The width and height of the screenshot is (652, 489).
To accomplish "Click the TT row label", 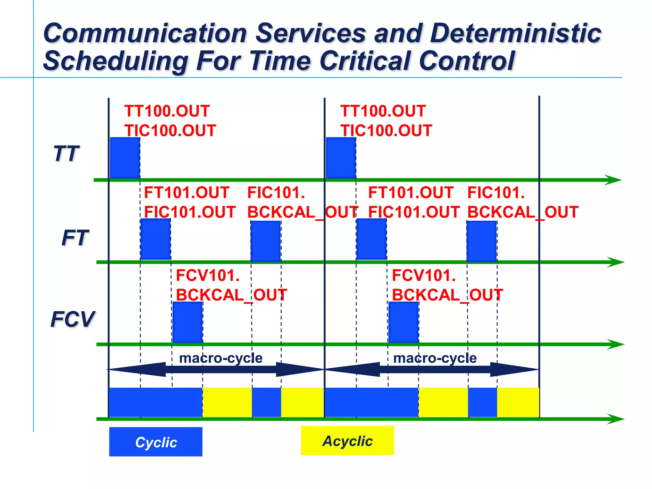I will [66, 154].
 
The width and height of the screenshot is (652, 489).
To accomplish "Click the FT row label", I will [75, 238].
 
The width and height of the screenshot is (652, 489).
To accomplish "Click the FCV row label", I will [73, 319].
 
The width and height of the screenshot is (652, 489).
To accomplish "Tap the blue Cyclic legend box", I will [156, 442].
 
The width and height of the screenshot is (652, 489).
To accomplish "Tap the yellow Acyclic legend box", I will [347, 441].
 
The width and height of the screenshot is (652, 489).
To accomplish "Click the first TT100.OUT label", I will [167, 111].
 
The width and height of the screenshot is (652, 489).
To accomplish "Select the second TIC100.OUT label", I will [386, 131].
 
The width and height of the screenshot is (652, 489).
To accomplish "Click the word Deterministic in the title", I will [515, 33].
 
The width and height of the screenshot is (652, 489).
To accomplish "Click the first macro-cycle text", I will [221, 358].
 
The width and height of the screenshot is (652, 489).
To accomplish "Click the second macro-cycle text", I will [435, 358].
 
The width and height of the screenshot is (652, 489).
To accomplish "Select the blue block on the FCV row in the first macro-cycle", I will [188, 322].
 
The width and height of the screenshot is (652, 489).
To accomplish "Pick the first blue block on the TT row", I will [125, 158].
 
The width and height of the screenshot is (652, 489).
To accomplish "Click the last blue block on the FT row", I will [482, 241].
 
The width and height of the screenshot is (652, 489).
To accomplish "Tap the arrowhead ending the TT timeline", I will [613, 180].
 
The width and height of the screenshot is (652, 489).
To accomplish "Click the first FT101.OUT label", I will [187, 193].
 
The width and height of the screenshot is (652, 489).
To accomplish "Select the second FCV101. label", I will [424, 275].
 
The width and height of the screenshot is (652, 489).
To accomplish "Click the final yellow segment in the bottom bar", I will [518, 402].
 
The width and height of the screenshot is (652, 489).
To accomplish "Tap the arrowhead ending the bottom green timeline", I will [616, 419].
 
